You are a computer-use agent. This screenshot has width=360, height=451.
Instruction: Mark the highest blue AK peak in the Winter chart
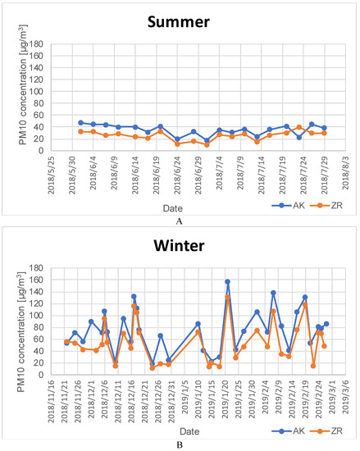(227, 281)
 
